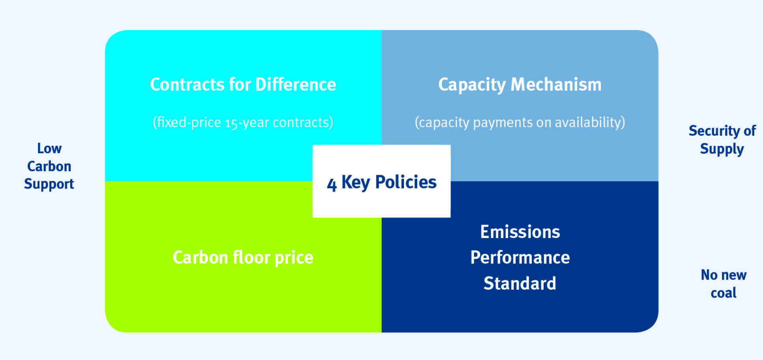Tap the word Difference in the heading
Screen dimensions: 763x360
[x=296, y=84]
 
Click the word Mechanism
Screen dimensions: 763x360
[x=556, y=84]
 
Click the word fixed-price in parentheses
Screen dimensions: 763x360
[x=187, y=123]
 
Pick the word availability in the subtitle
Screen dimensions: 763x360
[x=590, y=122]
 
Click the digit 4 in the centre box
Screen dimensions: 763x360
[x=332, y=184]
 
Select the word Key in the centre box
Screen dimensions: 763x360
[x=356, y=183]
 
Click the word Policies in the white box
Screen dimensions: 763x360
[x=406, y=182]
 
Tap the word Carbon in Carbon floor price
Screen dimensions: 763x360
[x=200, y=258]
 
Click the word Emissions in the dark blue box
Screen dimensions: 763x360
[x=520, y=232]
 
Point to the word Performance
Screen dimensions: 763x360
[x=520, y=258]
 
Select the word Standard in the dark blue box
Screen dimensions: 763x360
[x=520, y=283]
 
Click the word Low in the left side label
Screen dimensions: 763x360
[x=49, y=148]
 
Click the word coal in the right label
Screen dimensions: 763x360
[x=724, y=293]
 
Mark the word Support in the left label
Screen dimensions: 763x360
[x=49, y=184]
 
